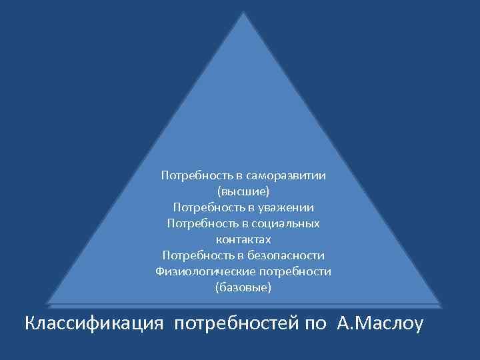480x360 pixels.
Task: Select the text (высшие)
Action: pyautogui.click(x=243, y=191)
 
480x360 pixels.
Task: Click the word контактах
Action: pyautogui.click(x=243, y=239)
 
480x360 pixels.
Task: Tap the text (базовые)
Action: pyautogui.click(x=243, y=287)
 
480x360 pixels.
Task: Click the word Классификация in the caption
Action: pyautogui.click(x=94, y=325)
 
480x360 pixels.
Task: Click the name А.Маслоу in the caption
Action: pyautogui.click(x=380, y=325)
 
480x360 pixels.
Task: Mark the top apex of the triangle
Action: pyautogui.click(x=244, y=12)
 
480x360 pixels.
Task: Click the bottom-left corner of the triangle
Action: pyautogui.click(x=48, y=303)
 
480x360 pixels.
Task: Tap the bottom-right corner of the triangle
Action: pyautogui.click(x=440, y=303)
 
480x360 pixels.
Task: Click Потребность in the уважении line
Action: pyautogui.click(x=205, y=207)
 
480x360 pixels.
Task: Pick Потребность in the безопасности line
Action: pyautogui.click(x=195, y=255)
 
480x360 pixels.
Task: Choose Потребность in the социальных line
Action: pyautogui.click(x=201, y=223)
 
